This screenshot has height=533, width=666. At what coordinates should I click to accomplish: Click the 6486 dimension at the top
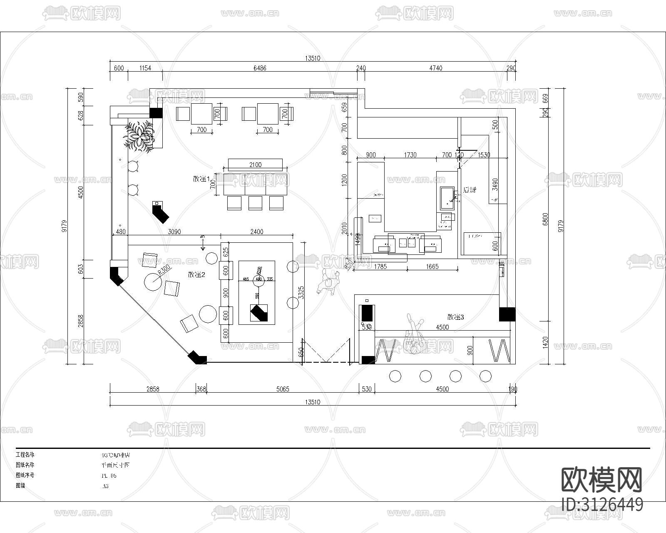(259, 68)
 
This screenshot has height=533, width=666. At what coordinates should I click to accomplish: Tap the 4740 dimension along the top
(435, 68)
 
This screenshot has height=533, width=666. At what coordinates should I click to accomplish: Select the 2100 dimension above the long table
(255, 164)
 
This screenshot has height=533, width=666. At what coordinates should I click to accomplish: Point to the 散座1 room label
(201, 179)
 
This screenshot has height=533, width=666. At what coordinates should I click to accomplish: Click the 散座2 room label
(197, 274)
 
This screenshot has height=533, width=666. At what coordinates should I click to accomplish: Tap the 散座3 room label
(455, 317)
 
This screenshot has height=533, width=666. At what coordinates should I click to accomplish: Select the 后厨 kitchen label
(470, 190)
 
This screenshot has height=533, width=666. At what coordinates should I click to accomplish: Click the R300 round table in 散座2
(153, 282)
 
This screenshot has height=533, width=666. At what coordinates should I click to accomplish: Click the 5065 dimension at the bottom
(282, 389)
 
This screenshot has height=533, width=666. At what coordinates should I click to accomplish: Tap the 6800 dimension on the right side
(546, 219)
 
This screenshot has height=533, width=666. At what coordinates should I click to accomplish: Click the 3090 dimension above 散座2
(174, 232)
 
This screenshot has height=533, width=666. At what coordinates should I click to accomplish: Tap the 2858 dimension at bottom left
(153, 389)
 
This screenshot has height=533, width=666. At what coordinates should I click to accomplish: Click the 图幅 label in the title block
(21, 486)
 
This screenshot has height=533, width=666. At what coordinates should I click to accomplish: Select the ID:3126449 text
(602, 505)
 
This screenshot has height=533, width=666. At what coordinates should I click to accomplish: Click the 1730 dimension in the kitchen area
(410, 155)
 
